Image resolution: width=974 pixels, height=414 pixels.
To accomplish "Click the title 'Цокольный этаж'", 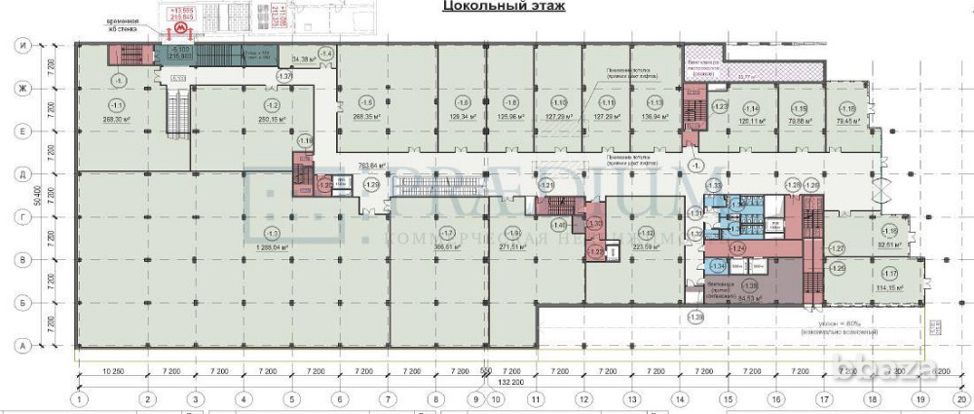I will [504, 7].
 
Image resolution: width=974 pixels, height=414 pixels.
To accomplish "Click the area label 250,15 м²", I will [270, 120].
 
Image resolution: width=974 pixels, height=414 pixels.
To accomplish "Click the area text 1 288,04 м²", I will [271, 248].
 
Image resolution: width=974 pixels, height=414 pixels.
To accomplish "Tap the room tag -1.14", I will [751, 108].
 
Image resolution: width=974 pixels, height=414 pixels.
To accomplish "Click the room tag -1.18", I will [847, 108].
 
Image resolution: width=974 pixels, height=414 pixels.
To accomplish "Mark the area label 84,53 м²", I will [748, 300].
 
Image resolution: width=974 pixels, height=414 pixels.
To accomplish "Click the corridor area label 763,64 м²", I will [375, 165].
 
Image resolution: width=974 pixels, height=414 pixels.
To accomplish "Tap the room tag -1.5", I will [366, 103].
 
